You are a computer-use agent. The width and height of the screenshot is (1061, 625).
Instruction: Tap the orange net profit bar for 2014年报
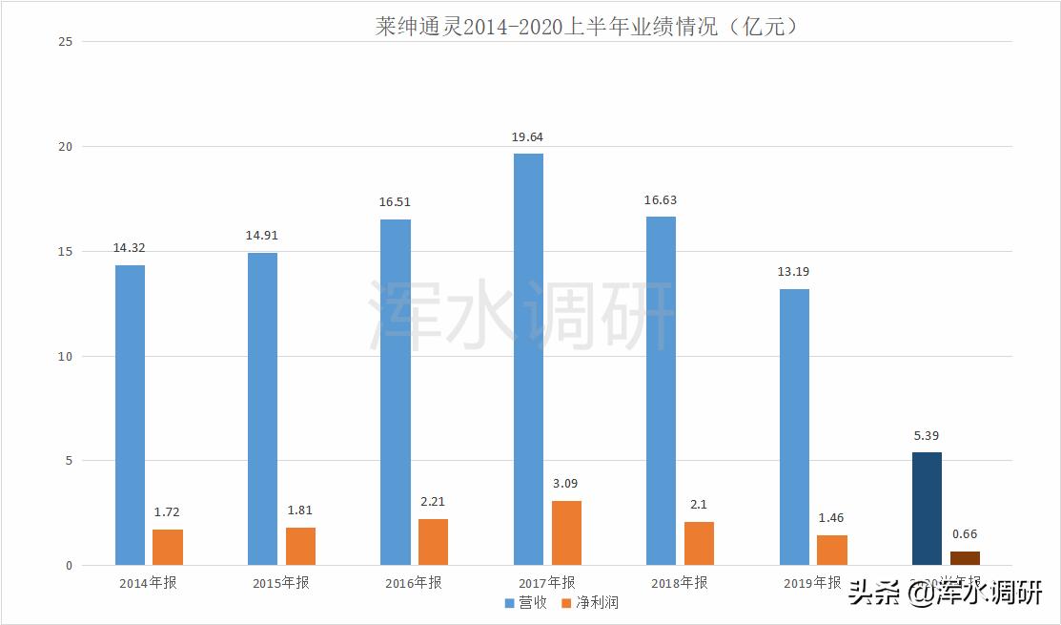(x=168, y=547)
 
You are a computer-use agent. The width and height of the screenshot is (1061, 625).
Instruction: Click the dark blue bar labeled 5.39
(x=927, y=509)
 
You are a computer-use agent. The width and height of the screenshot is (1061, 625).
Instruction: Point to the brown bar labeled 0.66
(x=965, y=558)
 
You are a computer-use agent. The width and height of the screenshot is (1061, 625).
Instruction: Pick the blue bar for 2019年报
(x=794, y=427)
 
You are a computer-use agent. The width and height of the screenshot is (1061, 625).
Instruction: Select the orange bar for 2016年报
(x=433, y=542)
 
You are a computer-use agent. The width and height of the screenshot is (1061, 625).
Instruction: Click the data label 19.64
(x=527, y=137)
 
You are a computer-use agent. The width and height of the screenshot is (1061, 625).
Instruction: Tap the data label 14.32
(x=129, y=248)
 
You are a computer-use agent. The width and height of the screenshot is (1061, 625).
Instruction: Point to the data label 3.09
(x=565, y=484)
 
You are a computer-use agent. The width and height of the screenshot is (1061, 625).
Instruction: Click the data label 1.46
(x=831, y=518)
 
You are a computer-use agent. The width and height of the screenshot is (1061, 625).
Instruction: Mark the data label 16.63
(x=661, y=200)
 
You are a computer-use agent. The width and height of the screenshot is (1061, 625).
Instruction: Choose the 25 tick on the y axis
(x=65, y=42)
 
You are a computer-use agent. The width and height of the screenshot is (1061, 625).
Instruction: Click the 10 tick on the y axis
(x=65, y=356)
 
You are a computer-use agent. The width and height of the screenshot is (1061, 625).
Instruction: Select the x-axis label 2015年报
(x=281, y=583)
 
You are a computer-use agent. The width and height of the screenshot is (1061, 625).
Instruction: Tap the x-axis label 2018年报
(x=680, y=583)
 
